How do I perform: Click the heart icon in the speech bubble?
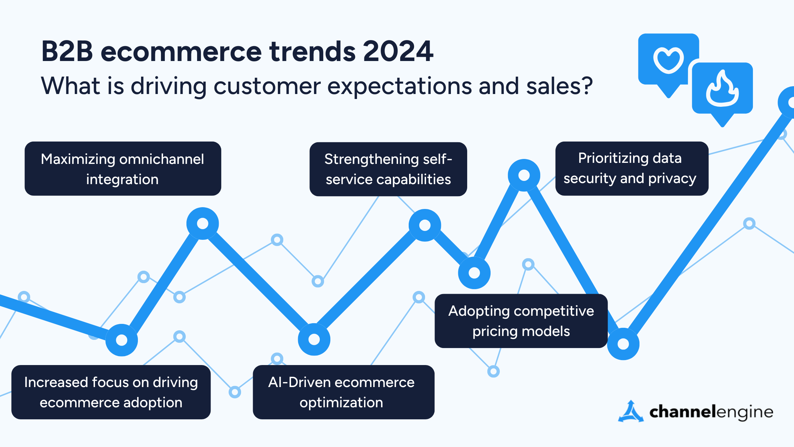[x=669, y=60]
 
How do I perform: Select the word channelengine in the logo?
[x=711, y=412]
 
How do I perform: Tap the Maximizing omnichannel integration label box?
[x=123, y=169]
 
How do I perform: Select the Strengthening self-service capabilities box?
[x=388, y=169]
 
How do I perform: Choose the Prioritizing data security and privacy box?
[x=631, y=169]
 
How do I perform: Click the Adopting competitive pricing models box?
[x=521, y=321]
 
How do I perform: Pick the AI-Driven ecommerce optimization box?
[x=343, y=392]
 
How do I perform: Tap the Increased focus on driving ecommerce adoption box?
[x=111, y=392]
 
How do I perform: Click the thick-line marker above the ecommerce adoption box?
[x=122, y=340]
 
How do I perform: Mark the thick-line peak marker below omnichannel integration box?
[x=202, y=223]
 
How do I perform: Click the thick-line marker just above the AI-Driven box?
[x=314, y=340]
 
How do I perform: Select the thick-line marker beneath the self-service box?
[x=425, y=225]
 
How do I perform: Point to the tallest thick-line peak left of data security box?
[x=524, y=175]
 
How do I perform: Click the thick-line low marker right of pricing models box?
[x=623, y=344]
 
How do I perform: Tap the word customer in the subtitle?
[x=267, y=86]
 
